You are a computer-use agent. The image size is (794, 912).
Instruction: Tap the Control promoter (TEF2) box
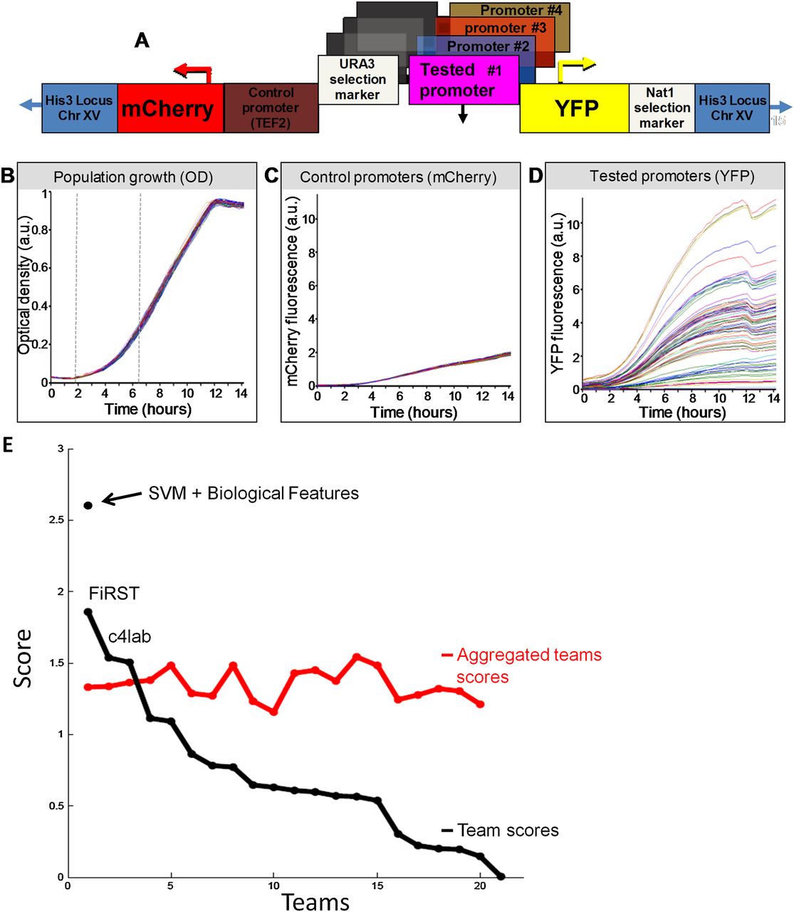point(271,108)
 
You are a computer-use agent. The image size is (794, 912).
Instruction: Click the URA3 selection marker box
point(357,80)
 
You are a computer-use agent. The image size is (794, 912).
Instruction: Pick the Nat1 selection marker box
point(662,108)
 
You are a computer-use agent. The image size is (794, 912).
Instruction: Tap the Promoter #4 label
point(521,11)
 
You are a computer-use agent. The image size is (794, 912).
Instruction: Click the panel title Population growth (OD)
point(133,177)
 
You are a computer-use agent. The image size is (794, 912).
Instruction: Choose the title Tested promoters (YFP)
point(672,176)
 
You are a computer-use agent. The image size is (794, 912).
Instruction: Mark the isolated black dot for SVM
point(88,505)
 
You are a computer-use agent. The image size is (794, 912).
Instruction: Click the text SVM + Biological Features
point(254,493)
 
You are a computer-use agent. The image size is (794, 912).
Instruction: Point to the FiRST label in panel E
point(114,593)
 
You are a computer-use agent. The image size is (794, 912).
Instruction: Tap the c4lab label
point(130,636)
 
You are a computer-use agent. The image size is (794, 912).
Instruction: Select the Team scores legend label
point(508,830)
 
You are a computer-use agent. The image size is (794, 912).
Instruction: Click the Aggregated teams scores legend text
point(528,665)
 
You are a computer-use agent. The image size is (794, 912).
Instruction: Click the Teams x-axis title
point(315,901)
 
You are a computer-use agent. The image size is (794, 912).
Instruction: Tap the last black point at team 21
point(501,876)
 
